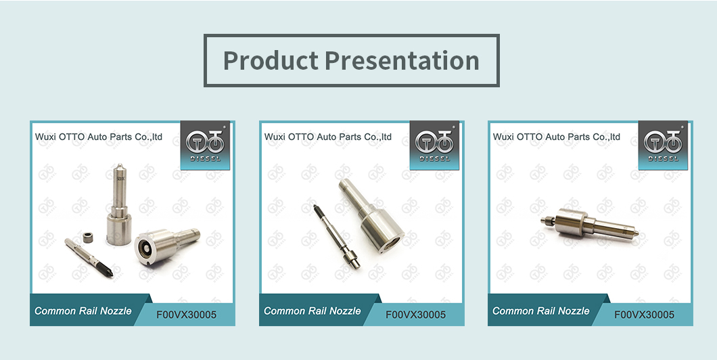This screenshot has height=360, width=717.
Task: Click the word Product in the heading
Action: click(271, 60)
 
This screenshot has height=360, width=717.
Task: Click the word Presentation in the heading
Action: click(402, 60)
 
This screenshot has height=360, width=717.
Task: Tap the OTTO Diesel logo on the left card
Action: click(206, 145)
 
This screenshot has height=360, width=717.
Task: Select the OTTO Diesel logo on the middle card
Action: click(434, 145)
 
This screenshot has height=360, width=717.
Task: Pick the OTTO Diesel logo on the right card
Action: click(663, 145)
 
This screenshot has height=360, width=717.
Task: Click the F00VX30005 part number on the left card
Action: click(187, 315)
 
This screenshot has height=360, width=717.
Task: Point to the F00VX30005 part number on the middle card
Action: click(416, 315)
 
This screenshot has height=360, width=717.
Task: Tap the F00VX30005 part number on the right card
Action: click(645, 315)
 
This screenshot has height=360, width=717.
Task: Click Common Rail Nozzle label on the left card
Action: click(83, 311)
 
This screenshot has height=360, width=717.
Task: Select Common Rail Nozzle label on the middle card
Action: click(313, 311)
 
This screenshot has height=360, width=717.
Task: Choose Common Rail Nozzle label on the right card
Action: click(541, 311)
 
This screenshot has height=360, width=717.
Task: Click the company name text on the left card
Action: click(99, 137)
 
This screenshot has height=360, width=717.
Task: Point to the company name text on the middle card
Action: click(328, 137)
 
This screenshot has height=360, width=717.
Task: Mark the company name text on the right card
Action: click(557, 137)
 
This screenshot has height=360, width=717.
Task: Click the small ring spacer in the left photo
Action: click(89, 238)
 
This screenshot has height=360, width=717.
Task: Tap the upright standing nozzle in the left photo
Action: click(119, 204)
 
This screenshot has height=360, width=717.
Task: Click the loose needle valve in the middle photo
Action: click(337, 236)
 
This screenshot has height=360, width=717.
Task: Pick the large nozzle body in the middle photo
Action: click(371, 215)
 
